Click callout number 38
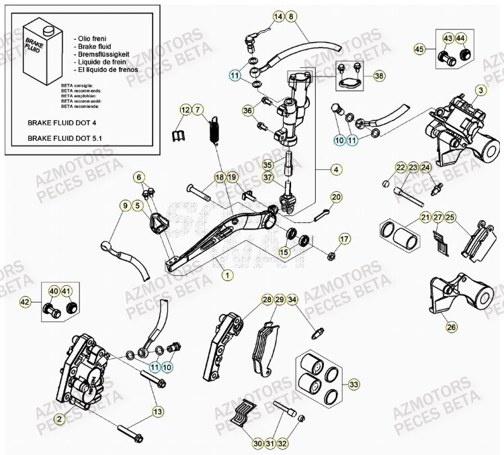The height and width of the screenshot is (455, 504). click(x=379, y=76)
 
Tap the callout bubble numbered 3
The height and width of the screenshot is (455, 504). click(x=481, y=90)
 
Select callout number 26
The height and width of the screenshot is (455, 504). click(x=451, y=327)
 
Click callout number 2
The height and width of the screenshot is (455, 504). click(x=60, y=419)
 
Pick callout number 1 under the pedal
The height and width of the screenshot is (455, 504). click(x=228, y=274)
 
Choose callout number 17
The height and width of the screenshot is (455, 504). click(x=344, y=238)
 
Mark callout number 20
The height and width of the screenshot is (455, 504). click(x=336, y=197)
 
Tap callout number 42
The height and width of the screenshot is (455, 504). click(x=25, y=303)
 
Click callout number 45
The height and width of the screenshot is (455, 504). click(x=420, y=49)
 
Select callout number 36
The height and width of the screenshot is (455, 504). click(x=247, y=110)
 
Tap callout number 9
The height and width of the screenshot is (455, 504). click(x=125, y=205)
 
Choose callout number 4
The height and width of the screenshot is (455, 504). click(x=336, y=170)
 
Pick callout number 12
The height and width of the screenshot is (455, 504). click(x=185, y=109)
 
